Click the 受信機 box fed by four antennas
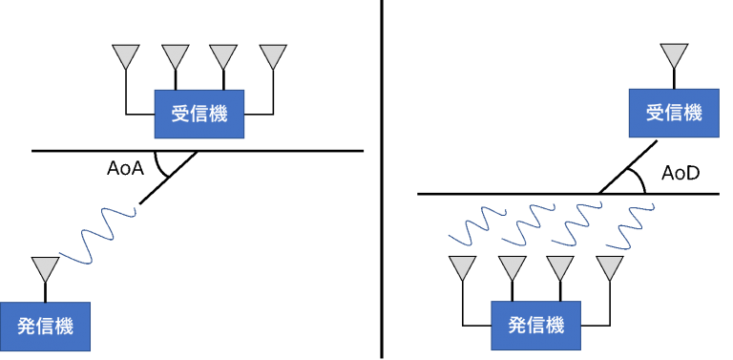(x=199, y=114)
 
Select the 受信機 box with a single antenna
(x=674, y=113)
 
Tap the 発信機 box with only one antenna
(x=45, y=326)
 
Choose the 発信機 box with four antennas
(x=535, y=326)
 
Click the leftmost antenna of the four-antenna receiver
(x=126, y=56)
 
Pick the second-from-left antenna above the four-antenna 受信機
(x=176, y=56)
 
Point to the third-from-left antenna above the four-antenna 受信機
(x=223, y=56)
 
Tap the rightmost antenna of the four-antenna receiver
(x=273, y=56)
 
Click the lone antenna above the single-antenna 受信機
(x=674, y=55)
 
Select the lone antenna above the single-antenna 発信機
(x=45, y=268)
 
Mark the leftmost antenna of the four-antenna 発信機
(x=463, y=267)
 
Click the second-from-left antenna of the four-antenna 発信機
(x=513, y=267)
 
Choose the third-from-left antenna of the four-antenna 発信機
(x=560, y=267)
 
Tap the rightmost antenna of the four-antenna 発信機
(x=610, y=267)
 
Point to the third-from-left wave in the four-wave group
(x=574, y=223)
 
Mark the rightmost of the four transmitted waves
(x=628, y=222)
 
